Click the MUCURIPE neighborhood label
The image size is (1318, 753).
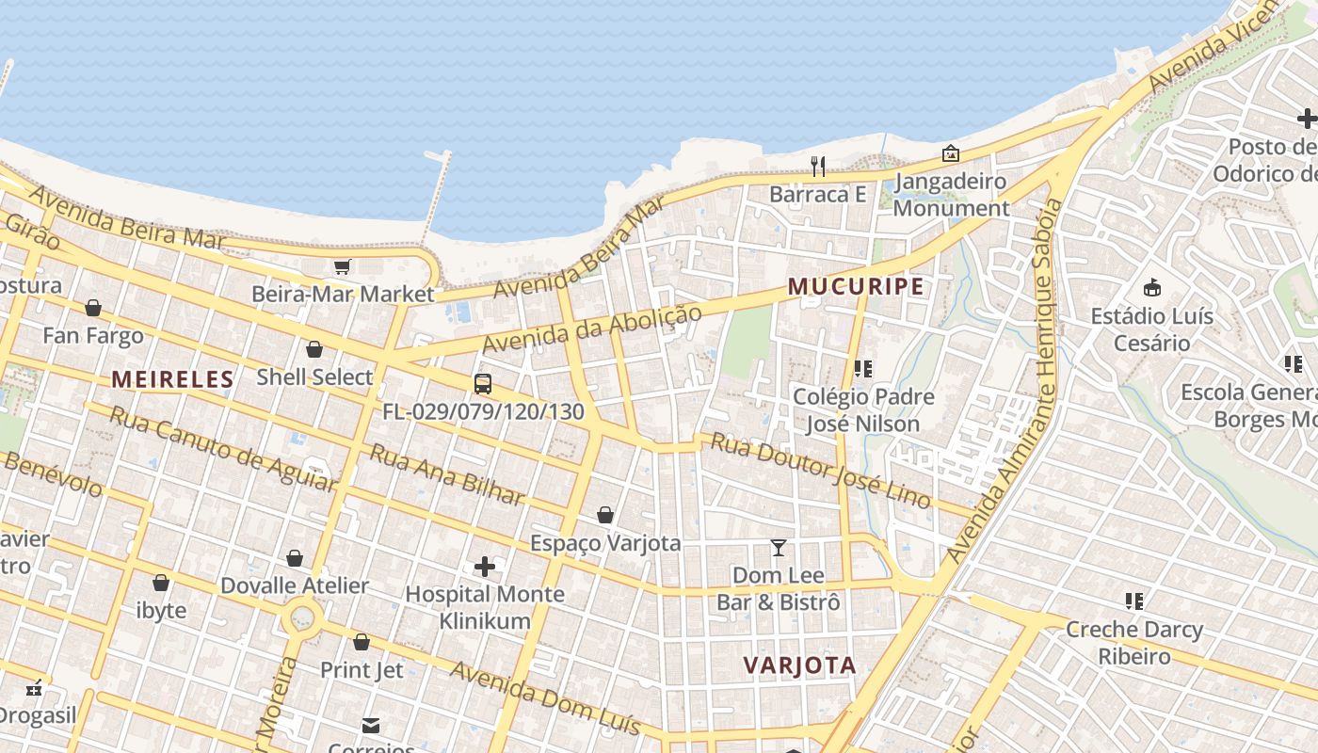[x=856, y=286]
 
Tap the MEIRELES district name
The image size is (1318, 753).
[x=172, y=379]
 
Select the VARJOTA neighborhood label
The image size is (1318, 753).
[x=799, y=665]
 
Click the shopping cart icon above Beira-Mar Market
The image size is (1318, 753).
[x=342, y=267]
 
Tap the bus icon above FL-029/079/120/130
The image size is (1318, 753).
[x=483, y=384]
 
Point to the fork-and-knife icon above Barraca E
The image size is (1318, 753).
[x=818, y=167]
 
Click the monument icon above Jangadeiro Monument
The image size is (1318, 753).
[x=951, y=153]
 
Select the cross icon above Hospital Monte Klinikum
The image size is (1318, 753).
[x=485, y=567]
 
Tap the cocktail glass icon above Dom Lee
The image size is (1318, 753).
[x=779, y=548]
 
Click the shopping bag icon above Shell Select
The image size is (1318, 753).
[x=314, y=349]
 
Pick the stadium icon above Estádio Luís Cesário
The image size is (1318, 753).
[x=1151, y=288]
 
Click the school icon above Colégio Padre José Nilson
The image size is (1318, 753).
[x=863, y=369]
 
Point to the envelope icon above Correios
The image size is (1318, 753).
[x=371, y=726]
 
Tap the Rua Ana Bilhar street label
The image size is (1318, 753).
[x=446, y=473]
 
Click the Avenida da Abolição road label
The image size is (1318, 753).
[x=592, y=330]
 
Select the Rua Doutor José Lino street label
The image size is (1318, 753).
[x=820, y=470]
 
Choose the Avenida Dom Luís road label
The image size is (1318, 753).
[x=545, y=698]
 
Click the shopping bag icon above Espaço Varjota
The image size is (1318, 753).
[x=605, y=515]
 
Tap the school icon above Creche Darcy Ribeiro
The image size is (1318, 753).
[x=1134, y=601]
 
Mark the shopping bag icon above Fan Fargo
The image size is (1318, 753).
[x=93, y=308]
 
